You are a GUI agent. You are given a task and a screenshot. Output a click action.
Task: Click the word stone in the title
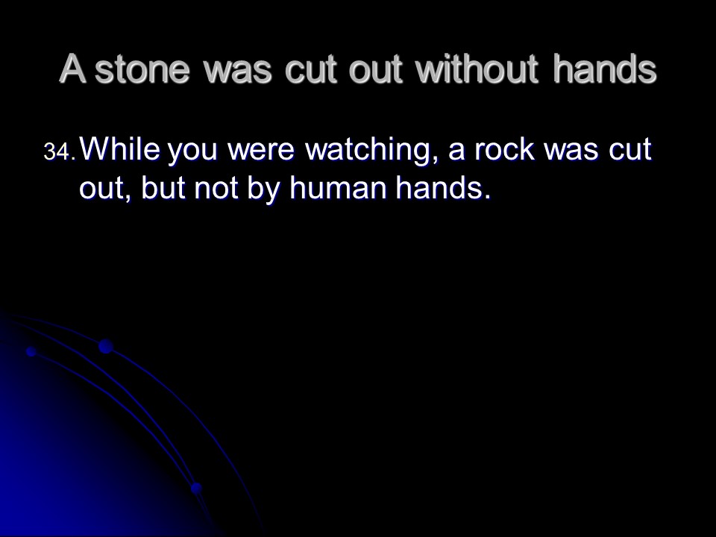click(142, 70)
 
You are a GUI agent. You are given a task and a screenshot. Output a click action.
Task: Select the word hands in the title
click(605, 69)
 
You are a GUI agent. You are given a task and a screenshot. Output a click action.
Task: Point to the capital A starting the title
click(72, 69)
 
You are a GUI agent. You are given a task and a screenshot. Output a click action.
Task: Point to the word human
click(338, 188)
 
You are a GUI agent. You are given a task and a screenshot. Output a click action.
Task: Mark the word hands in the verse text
click(440, 188)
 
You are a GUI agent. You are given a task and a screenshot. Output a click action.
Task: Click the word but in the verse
click(163, 188)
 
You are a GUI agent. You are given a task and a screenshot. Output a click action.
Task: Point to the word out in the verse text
click(102, 189)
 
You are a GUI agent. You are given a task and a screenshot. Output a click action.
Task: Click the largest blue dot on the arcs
click(105, 346)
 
